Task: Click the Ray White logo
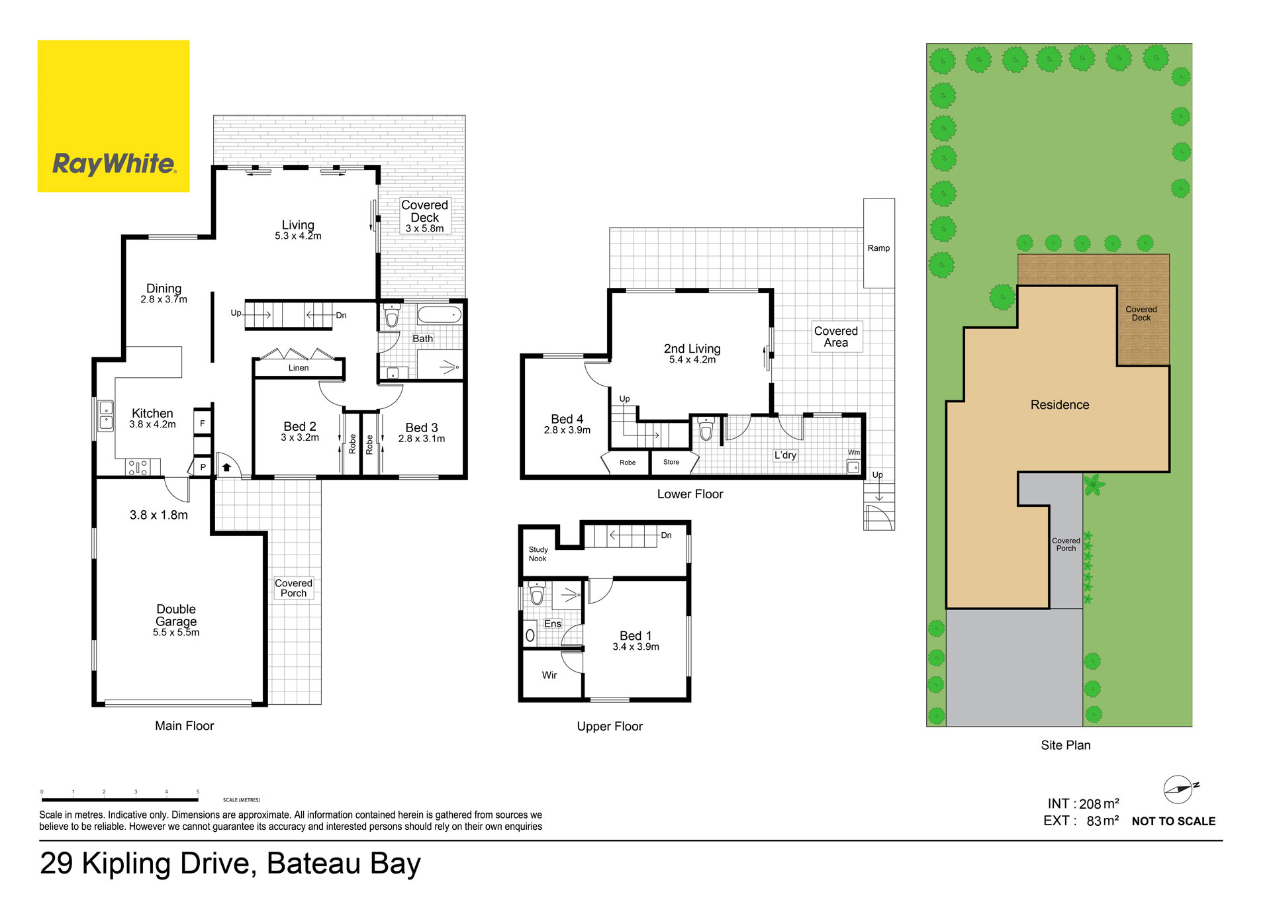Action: click(x=113, y=116)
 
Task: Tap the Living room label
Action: click(x=298, y=225)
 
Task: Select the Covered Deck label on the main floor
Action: click(x=424, y=211)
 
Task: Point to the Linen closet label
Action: click(x=299, y=368)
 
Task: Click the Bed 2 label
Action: click(x=300, y=427)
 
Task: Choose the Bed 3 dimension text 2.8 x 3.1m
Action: click(x=422, y=439)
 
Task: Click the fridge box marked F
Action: click(x=203, y=423)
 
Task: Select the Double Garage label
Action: click(x=176, y=615)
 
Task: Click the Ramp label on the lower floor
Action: click(x=878, y=248)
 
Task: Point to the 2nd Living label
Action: click(x=692, y=349)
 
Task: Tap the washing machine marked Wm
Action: click(x=854, y=467)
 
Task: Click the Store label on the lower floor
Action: click(x=671, y=462)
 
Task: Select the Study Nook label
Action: click(x=538, y=554)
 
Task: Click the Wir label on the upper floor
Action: click(x=549, y=675)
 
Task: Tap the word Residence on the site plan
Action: click(x=1060, y=405)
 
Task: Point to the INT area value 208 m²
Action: click(x=1099, y=803)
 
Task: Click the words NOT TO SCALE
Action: click(x=1174, y=821)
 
